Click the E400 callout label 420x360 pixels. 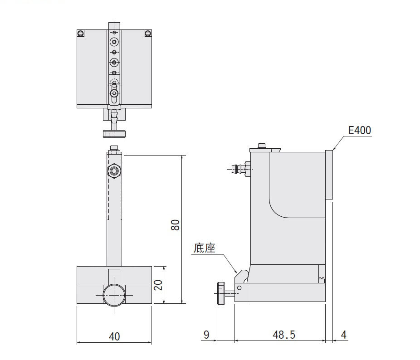(x=360, y=130)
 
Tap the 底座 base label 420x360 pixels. (x=205, y=248)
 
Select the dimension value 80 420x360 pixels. (x=175, y=225)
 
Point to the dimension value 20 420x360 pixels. (x=158, y=285)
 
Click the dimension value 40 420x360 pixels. (x=114, y=336)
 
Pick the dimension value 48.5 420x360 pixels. (x=284, y=335)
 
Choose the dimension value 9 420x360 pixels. (x=206, y=335)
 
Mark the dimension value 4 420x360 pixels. (x=344, y=335)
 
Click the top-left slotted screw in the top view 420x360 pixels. (x=81, y=34)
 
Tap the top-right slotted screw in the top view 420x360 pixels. (x=148, y=34)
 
